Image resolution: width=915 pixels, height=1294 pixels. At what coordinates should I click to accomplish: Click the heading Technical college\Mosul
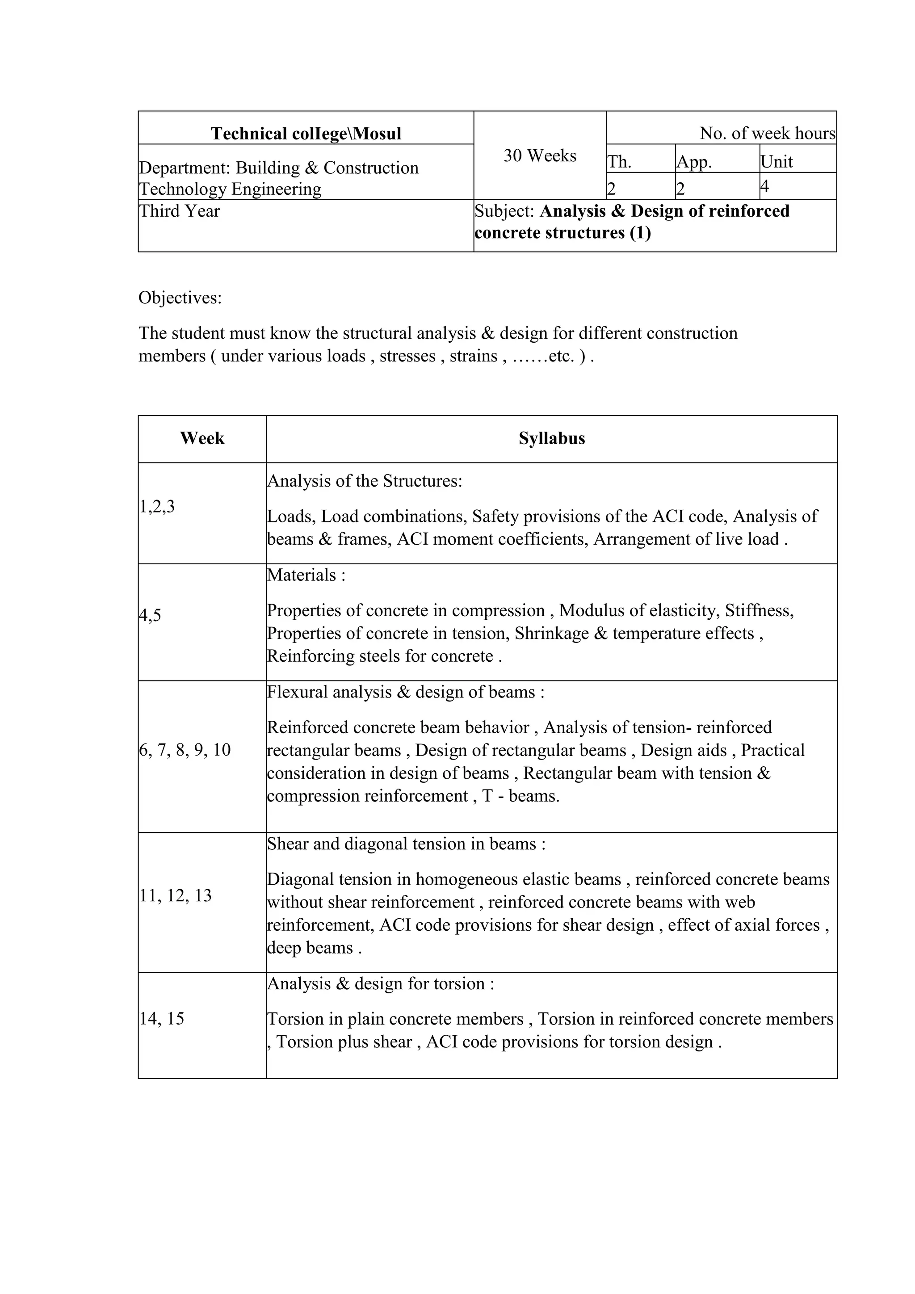click(306, 134)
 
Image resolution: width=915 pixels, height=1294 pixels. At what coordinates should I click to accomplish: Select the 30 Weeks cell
click(540, 155)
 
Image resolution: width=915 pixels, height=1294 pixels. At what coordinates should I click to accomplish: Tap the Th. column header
click(619, 162)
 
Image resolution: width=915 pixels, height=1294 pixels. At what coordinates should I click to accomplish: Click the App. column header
click(694, 162)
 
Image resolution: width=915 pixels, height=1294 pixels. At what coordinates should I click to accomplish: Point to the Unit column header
click(776, 162)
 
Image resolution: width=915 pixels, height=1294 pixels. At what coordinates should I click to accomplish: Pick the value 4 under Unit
click(764, 186)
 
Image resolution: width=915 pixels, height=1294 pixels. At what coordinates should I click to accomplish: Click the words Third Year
click(179, 211)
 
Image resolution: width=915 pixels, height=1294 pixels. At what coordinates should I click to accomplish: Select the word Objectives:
click(180, 298)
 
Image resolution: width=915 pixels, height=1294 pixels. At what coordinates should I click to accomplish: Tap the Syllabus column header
click(552, 438)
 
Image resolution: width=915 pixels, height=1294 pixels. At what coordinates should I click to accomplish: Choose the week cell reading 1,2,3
click(157, 507)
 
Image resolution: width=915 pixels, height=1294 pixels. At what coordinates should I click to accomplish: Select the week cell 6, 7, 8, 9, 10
click(185, 750)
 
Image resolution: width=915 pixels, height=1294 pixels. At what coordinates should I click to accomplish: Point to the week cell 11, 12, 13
click(175, 895)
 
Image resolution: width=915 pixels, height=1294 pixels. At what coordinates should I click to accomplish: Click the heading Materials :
click(306, 575)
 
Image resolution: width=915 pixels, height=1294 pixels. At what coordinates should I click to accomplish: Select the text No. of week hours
click(767, 134)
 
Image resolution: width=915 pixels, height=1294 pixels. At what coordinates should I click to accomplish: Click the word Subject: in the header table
click(504, 211)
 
